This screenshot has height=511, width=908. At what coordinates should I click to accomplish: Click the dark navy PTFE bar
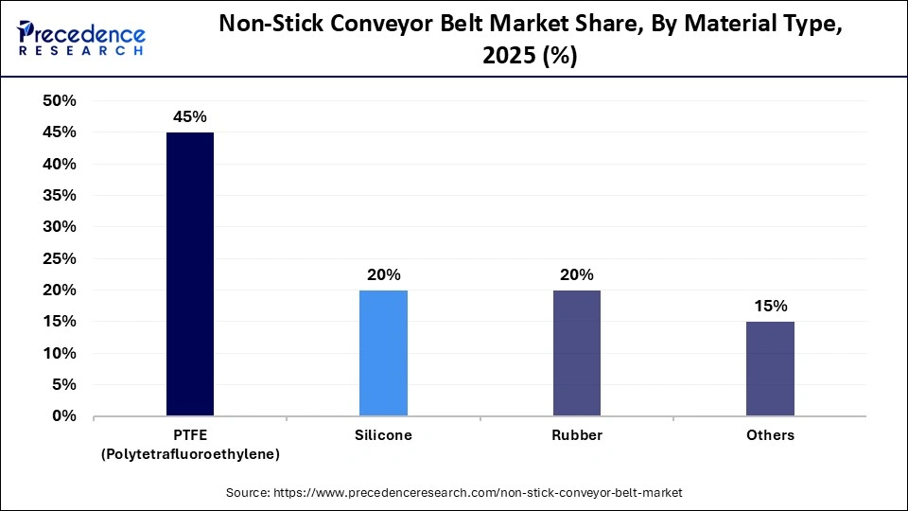(x=190, y=274)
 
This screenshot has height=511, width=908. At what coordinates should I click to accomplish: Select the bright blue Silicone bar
(x=383, y=353)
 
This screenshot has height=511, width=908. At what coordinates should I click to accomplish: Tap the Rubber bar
(x=576, y=353)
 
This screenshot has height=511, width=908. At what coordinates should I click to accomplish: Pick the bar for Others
(x=770, y=369)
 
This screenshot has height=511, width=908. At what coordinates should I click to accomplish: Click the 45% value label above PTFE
(x=190, y=117)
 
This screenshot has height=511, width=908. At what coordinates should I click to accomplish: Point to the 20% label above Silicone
(x=383, y=275)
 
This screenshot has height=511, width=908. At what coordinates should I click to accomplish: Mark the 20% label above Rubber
(x=576, y=275)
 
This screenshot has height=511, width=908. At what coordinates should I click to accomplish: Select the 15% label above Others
(x=770, y=307)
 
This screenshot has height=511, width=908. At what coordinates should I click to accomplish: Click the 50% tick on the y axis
(x=60, y=101)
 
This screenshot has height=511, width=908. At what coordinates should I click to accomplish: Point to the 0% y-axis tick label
(x=64, y=416)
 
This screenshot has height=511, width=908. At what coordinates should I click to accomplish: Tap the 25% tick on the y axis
(x=60, y=258)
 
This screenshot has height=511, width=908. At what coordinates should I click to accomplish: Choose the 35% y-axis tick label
(x=60, y=196)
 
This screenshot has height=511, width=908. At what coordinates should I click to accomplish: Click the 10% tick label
(x=60, y=353)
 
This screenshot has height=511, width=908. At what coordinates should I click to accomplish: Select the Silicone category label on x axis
(x=383, y=435)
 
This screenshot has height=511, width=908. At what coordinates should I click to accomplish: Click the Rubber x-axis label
(x=576, y=435)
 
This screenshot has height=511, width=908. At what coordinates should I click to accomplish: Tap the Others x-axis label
(x=770, y=435)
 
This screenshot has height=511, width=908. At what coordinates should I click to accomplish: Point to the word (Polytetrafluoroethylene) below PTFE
(x=190, y=455)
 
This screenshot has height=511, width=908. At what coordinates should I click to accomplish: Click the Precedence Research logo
(x=81, y=37)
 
